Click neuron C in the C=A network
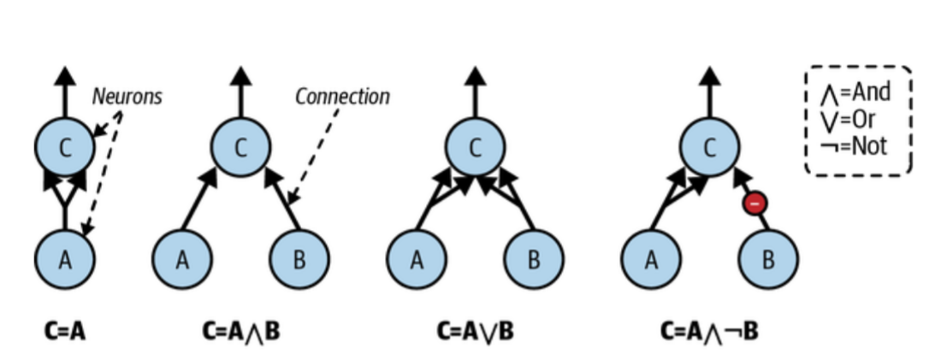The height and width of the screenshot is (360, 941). [x=65, y=147]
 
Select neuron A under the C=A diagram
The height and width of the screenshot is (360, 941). [x=65, y=260]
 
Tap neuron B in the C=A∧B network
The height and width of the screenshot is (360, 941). [x=299, y=260]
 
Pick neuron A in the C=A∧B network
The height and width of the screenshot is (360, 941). [x=182, y=260]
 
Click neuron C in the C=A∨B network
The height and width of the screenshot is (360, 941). [x=475, y=147]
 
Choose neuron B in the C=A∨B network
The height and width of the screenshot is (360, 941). [x=533, y=260]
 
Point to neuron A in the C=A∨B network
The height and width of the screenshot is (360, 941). [x=417, y=260]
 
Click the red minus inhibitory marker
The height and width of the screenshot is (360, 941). [x=755, y=204]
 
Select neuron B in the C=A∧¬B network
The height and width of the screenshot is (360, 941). [x=767, y=260]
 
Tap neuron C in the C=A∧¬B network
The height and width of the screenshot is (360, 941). [x=709, y=147]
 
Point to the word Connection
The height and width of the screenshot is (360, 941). [x=342, y=97]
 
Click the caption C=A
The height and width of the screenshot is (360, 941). [x=64, y=330]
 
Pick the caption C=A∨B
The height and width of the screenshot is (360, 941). [x=475, y=330]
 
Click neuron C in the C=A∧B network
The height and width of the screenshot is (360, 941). [x=240, y=147]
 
